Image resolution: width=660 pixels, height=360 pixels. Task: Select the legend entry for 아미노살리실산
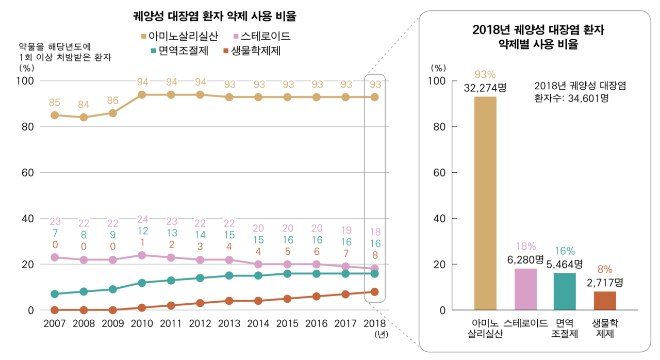(180, 36)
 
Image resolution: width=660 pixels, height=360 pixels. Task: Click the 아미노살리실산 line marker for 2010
(142, 95)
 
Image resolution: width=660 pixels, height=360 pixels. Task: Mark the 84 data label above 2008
(84, 105)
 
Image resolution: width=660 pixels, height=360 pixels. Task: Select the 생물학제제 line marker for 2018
(375, 292)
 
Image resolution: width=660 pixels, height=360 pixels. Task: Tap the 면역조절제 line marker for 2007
(55, 294)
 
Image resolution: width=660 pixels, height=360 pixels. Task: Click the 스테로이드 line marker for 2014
(258, 264)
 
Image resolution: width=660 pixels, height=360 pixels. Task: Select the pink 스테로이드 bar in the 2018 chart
(525, 289)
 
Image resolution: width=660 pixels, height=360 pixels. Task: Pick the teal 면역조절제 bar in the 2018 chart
(565, 291)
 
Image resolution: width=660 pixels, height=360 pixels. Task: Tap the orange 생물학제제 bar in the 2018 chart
(604, 301)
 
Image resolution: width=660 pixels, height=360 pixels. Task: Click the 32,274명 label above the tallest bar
(485, 88)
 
